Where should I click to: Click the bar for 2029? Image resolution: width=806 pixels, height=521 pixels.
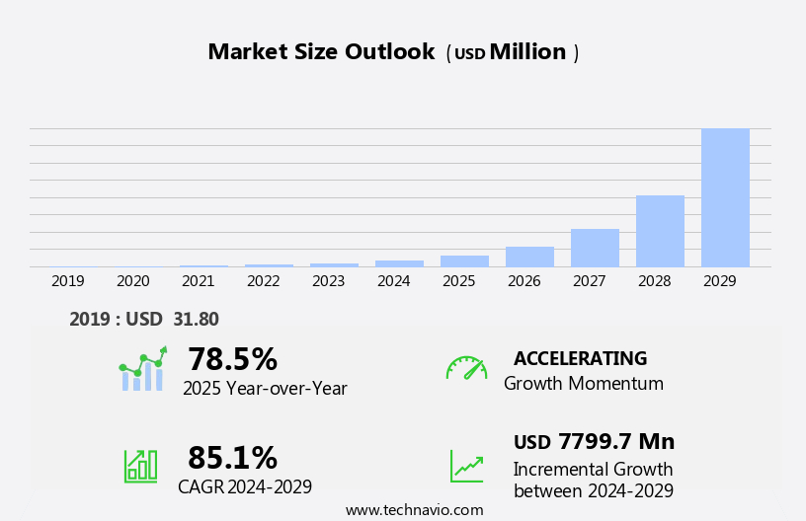pyautogui.click(x=725, y=197)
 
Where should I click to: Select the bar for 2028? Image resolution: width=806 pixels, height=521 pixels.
pyautogui.click(x=660, y=231)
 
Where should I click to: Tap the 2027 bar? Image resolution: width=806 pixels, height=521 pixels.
pyautogui.click(x=595, y=248)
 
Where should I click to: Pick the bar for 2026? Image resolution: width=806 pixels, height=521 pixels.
pyautogui.click(x=529, y=257)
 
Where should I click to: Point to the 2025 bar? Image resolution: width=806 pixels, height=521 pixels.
pyautogui.click(x=464, y=261)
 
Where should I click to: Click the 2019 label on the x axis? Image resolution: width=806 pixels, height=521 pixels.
pyautogui.click(x=68, y=281)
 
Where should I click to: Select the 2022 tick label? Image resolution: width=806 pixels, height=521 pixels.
pyautogui.click(x=264, y=281)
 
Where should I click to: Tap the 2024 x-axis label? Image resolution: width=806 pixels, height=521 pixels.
pyautogui.click(x=394, y=281)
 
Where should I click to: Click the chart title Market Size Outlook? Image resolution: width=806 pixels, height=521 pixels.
pyautogui.click(x=321, y=52)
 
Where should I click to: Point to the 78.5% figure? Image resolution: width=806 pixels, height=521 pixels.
pyautogui.click(x=232, y=359)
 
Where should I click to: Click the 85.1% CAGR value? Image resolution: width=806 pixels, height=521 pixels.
pyautogui.click(x=232, y=458)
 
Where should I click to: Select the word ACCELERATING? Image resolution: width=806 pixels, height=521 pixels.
pyautogui.click(x=580, y=358)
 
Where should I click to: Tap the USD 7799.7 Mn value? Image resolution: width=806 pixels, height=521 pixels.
pyautogui.click(x=594, y=442)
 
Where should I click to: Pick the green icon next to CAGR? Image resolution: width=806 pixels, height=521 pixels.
pyautogui.click(x=140, y=465)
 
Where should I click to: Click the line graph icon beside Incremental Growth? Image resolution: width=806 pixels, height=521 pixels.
pyautogui.click(x=466, y=466)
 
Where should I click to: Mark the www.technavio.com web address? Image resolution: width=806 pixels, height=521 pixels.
pyautogui.click(x=414, y=510)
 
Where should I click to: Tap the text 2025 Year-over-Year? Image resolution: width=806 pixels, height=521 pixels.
pyautogui.click(x=265, y=389)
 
